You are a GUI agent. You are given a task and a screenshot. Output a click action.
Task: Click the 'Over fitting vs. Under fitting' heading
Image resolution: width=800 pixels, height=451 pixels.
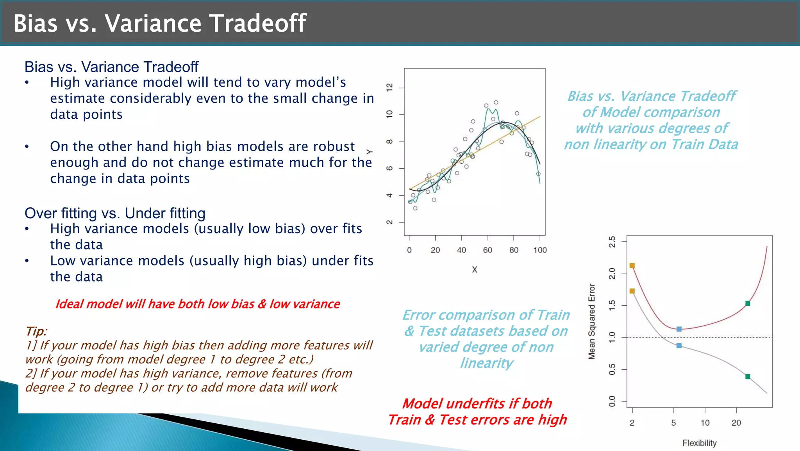tap(115, 213)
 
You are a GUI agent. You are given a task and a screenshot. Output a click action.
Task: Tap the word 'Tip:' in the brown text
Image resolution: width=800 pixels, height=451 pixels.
tap(36, 331)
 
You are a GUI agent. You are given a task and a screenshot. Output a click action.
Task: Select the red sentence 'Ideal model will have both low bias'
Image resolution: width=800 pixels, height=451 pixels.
tap(197, 304)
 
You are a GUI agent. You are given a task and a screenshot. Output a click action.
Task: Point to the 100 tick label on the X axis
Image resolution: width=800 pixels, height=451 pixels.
tap(540, 250)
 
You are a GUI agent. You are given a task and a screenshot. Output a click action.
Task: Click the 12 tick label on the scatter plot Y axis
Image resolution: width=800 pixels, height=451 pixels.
tap(389, 88)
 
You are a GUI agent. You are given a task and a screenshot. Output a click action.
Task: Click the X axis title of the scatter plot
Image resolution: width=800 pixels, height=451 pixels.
tap(474, 269)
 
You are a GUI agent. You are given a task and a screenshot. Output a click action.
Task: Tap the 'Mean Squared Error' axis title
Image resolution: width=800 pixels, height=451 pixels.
tap(592, 321)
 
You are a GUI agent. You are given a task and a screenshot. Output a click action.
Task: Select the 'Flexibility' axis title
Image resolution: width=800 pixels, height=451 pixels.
tap(699, 443)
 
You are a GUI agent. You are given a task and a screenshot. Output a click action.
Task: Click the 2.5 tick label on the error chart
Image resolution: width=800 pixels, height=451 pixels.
tap(612, 242)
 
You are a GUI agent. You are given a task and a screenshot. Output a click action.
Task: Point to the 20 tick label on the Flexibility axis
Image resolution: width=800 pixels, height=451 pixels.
tap(736, 422)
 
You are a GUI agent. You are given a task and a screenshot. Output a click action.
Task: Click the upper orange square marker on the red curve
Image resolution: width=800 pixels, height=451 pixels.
tap(632, 266)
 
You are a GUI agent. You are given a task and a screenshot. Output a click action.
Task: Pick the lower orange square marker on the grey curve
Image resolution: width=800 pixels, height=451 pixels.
tap(632, 291)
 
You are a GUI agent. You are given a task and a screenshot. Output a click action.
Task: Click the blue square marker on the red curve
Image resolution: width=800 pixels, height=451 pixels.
tap(679, 329)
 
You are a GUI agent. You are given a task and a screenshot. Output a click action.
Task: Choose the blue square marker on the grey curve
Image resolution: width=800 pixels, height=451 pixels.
tap(679, 346)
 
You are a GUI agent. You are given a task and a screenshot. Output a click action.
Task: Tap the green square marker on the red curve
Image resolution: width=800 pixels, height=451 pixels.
tap(748, 303)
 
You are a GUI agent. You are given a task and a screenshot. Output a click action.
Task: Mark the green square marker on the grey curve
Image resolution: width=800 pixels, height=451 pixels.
tap(748, 376)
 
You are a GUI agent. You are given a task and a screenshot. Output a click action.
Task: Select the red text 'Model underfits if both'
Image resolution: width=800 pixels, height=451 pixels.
tap(477, 403)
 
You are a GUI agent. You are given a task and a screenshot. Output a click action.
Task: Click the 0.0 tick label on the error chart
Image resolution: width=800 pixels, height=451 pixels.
tap(612, 401)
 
